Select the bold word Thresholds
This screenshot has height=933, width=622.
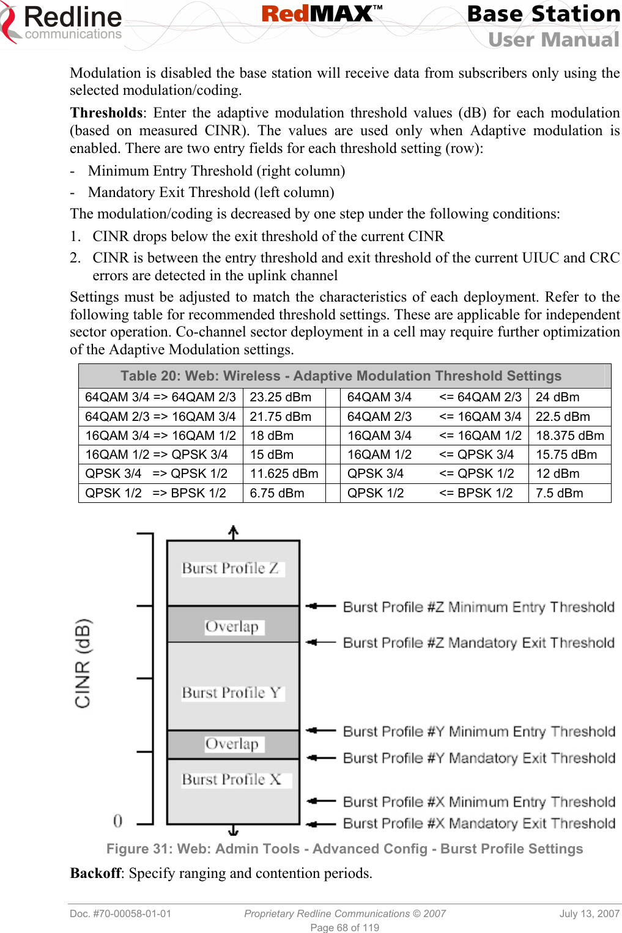(x=106, y=113)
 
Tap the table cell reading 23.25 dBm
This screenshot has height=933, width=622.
(x=280, y=397)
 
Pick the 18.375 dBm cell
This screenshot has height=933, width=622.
(x=569, y=436)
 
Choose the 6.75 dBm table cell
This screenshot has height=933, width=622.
(x=276, y=493)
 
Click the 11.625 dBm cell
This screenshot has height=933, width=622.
(x=284, y=474)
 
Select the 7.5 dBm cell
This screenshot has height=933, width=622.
(x=559, y=493)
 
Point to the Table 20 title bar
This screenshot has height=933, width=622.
(x=341, y=376)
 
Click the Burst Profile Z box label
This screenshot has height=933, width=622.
(x=231, y=568)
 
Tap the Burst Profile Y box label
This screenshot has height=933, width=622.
(x=231, y=693)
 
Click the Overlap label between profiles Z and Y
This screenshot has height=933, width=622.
(x=232, y=626)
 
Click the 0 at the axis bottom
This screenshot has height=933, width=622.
(x=117, y=820)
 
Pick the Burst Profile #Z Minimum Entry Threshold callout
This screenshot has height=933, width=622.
(x=478, y=607)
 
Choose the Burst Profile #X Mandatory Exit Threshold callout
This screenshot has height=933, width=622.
(x=479, y=823)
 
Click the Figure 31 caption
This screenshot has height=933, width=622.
(x=344, y=849)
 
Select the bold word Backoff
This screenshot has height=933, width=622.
(x=95, y=873)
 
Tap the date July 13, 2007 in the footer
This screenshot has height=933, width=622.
(x=589, y=913)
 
